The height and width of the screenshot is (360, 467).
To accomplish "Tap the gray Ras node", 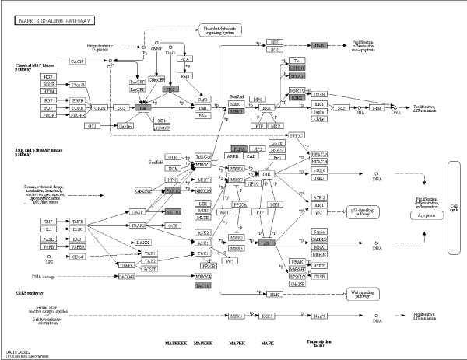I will [143, 107].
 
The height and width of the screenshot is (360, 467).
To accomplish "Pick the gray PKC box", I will [170, 89].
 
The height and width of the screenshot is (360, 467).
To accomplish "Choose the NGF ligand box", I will [49, 77].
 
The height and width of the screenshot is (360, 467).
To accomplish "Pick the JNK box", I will [267, 174].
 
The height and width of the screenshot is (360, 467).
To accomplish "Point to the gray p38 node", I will [267, 243].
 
